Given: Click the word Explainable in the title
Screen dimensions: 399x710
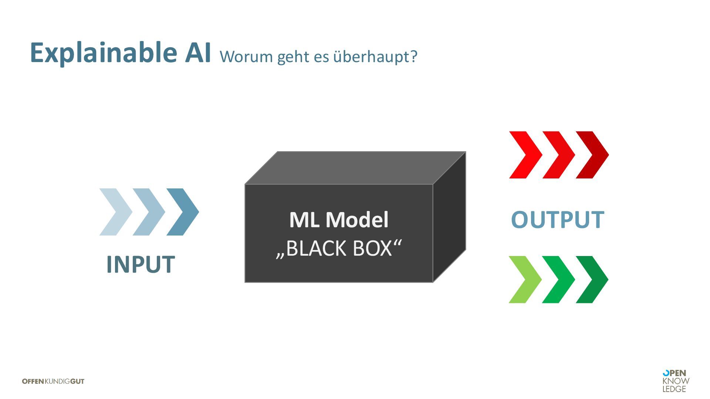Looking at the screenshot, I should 104,53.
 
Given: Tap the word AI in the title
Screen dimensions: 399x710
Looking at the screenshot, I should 198,52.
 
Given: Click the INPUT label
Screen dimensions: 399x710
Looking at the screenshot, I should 141,265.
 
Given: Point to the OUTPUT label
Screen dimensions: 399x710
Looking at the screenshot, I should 557,220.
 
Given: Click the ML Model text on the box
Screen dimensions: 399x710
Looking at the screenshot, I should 339,219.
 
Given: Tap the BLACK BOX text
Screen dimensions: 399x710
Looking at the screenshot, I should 339,248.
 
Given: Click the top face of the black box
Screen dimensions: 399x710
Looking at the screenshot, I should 355,168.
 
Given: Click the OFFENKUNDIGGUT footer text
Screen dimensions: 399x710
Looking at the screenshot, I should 53,381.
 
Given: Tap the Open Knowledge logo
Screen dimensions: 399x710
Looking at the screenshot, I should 676,381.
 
